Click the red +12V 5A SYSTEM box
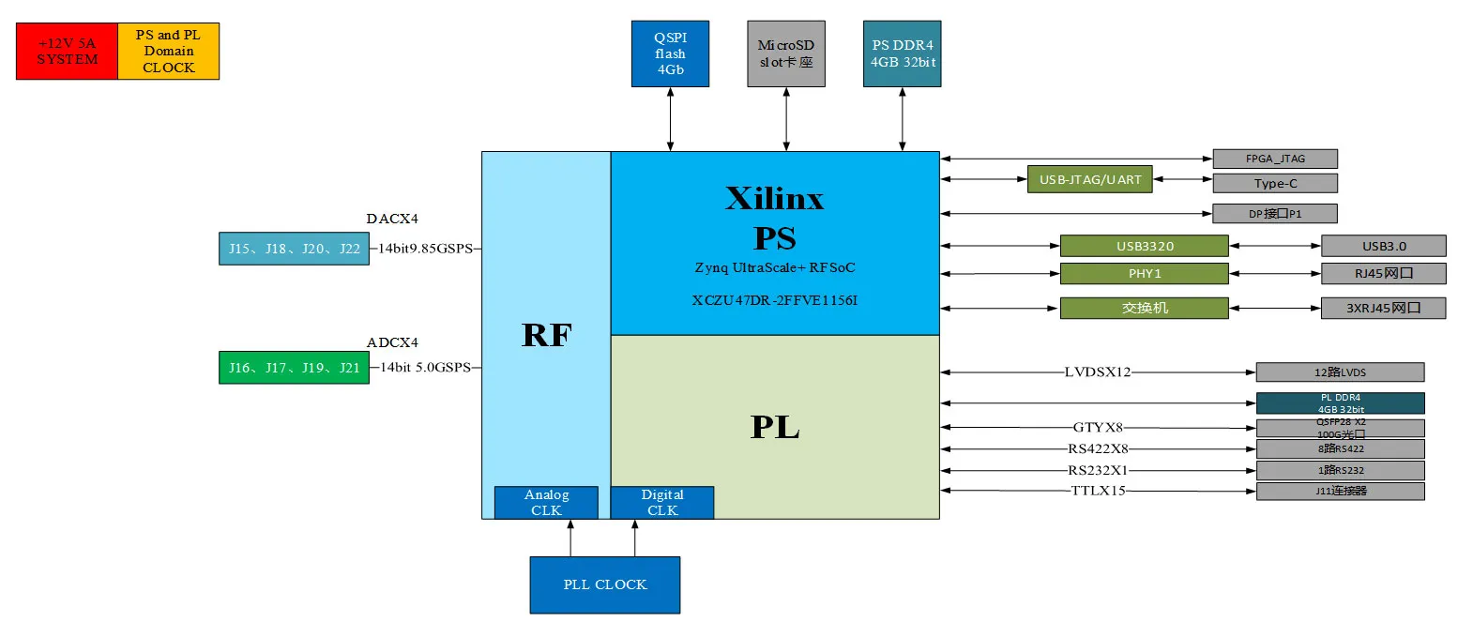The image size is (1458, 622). (68, 52)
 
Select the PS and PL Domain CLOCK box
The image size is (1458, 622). (169, 52)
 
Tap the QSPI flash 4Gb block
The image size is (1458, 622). (670, 54)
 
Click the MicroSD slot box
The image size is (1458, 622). (786, 54)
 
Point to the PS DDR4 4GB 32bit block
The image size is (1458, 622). (902, 54)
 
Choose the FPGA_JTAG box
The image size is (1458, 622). (1274, 159)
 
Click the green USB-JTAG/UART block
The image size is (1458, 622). (1089, 178)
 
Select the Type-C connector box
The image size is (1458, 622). (1274, 184)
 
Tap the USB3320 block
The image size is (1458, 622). (1144, 247)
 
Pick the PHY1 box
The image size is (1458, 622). (1144, 274)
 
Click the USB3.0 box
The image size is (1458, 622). (1383, 247)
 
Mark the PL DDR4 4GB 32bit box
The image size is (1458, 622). (1340, 402)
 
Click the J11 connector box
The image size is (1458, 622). (1340, 491)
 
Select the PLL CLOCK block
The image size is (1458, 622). (604, 584)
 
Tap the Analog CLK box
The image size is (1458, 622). (546, 502)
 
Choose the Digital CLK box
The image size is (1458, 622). (661, 502)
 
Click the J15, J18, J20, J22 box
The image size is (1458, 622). (294, 249)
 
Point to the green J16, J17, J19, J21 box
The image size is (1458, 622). (294, 367)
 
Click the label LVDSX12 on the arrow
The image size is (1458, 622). (1098, 372)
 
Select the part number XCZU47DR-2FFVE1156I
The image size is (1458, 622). (774, 300)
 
